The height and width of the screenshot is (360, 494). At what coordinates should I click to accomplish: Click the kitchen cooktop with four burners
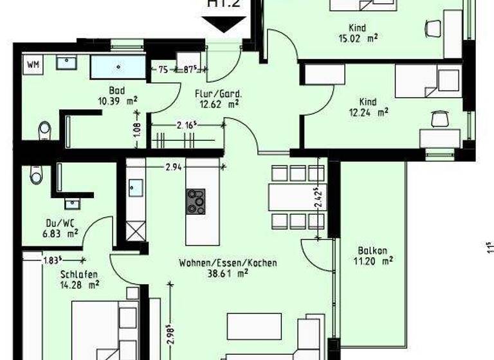(x=196, y=201)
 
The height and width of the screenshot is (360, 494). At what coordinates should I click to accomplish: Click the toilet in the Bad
(x=44, y=129)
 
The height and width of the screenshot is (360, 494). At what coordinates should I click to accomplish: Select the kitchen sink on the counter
(x=135, y=187)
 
